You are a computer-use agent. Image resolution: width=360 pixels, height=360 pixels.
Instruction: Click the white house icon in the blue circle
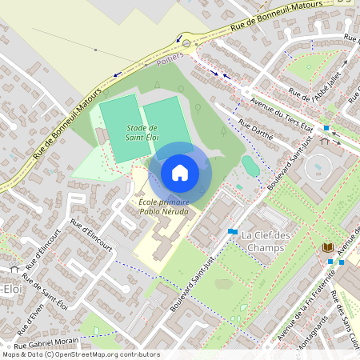pyautogui.click(x=180, y=172)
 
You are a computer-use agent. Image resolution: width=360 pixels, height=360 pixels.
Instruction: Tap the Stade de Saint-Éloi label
pyautogui.click(x=141, y=132)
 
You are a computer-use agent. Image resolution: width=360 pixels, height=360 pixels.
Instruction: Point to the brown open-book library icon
pyautogui.click(x=327, y=248)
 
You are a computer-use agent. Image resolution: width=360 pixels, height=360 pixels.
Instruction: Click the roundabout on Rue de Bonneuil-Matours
pyautogui.click(x=187, y=42)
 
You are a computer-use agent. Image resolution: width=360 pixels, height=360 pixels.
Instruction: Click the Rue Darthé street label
pyautogui.click(x=256, y=129)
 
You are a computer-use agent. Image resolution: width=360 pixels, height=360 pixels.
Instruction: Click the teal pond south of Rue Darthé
pyautogui.click(x=250, y=166)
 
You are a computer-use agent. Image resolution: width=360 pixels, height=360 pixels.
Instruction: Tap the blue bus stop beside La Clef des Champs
pyautogui.click(x=232, y=231)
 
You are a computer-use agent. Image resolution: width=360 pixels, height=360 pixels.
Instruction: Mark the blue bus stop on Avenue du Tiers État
pyautogui.click(x=326, y=128)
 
